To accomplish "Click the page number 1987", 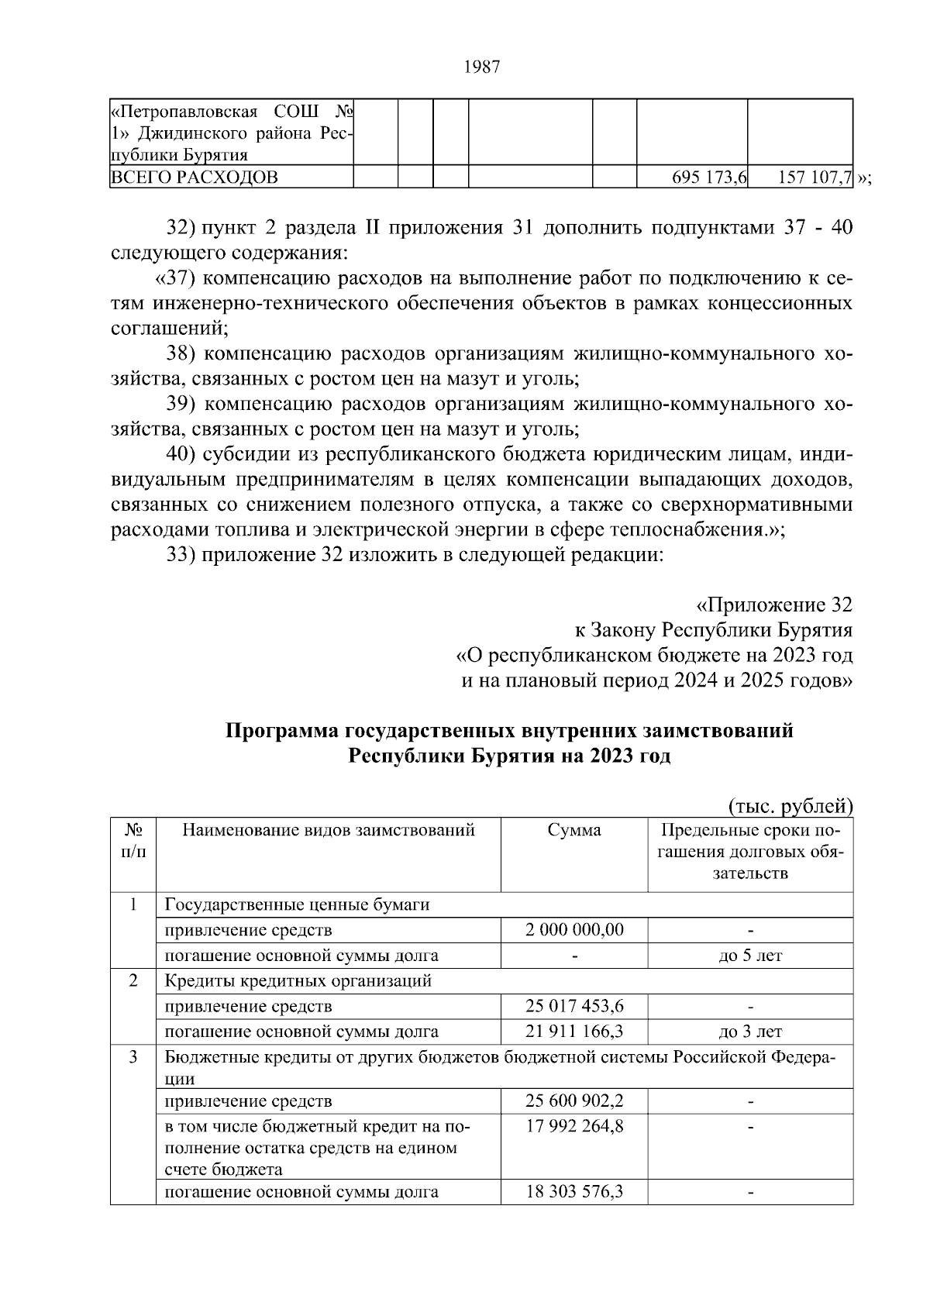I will click(481, 67).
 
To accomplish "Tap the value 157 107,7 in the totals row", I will click(815, 178).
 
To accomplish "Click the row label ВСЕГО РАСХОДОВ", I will click(195, 178).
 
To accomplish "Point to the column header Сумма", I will click(574, 831).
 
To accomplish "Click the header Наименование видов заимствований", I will click(329, 831).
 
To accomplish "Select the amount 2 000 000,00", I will click(574, 930).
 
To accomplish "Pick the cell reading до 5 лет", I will click(750, 956).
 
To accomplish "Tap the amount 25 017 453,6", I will click(574, 1006).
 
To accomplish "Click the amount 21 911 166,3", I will click(574, 1032).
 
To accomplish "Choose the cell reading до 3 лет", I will click(750, 1032).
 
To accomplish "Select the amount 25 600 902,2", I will click(574, 1101).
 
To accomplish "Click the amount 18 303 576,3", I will click(574, 1192).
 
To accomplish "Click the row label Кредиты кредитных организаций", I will click(298, 980).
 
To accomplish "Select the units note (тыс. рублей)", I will click(790, 807).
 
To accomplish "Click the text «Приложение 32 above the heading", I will click(774, 605).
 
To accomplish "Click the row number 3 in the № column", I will click(133, 1057).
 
